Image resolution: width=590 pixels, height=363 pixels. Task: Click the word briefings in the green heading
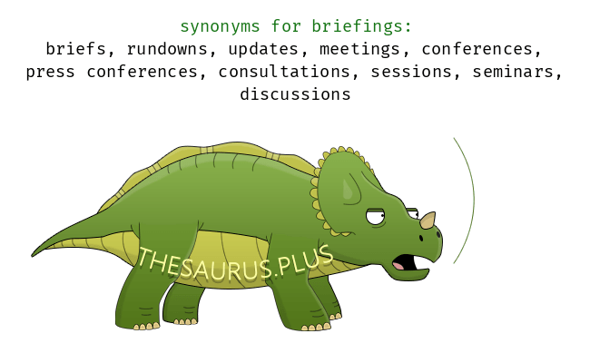(361, 26)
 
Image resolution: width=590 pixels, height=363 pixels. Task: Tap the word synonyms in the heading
(220, 27)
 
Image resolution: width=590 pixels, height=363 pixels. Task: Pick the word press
(50, 73)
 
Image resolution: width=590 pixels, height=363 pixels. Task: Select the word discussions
(295, 94)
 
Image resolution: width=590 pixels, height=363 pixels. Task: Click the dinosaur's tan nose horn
(428, 220)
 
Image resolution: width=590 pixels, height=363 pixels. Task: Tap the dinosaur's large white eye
(376, 217)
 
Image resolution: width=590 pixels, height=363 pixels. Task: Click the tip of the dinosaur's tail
(32, 256)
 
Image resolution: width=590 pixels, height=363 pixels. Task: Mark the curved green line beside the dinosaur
(474, 200)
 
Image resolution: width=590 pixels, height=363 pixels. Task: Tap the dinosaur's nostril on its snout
(421, 238)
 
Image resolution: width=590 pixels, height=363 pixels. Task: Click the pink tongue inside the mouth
(398, 266)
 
